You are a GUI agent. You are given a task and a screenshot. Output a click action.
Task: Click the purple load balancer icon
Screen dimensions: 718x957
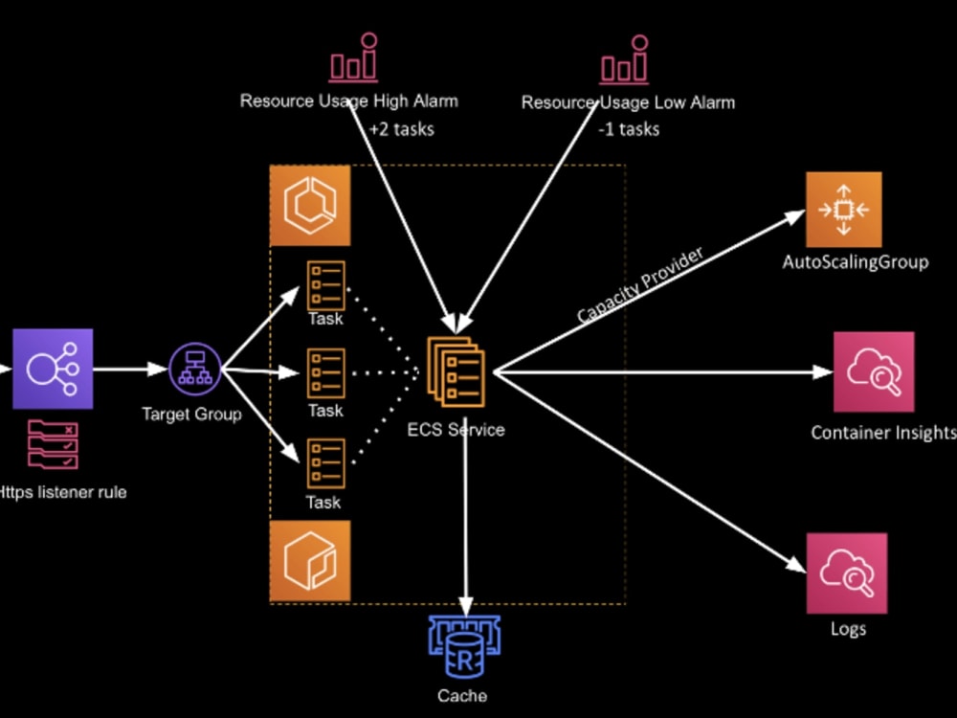(x=53, y=369)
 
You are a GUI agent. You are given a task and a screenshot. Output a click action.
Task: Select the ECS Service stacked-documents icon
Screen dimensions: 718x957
(x=456, y=371)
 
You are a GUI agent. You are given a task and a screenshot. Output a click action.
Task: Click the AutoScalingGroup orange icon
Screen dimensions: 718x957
(x=843, y=210)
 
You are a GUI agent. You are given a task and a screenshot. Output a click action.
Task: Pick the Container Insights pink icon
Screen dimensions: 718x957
(x=873, y=371)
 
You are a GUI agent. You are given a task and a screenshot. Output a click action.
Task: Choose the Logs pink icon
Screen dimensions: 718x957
(x=846, y=573)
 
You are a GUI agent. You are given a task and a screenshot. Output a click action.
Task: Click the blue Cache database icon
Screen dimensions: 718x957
(x=464, y=648)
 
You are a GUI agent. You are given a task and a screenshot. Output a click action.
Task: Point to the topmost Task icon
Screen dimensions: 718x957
(x=325, y=284)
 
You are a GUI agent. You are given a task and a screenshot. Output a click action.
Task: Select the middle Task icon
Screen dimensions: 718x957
(x=325, y=372)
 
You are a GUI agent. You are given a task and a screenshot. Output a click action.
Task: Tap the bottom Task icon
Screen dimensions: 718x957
(x=325, y=462)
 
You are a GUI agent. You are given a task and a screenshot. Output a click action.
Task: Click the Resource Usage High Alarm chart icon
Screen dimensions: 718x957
(x=353, y=59)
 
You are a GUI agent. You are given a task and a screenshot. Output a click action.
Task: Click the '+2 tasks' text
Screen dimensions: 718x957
(x=401, y=128)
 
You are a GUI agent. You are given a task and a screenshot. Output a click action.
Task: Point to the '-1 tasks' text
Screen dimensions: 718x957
(x=629, y=128)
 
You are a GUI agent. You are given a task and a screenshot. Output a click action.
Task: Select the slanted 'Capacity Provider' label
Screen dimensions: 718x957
(x=640, y=285)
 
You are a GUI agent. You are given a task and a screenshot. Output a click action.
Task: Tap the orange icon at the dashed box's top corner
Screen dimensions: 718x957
(x=310, y=206)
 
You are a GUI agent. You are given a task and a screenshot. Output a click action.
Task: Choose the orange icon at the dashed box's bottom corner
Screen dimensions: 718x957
(x=310, y=561)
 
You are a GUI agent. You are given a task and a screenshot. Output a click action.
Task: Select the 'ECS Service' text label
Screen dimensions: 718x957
(x=456, y=430)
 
